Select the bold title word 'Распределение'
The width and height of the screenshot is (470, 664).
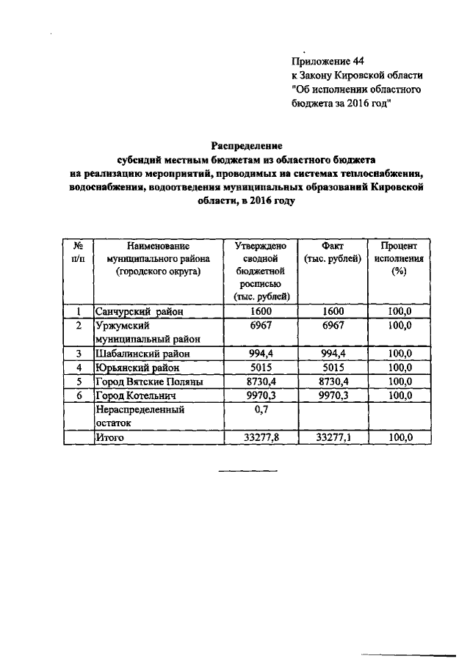(246, 147)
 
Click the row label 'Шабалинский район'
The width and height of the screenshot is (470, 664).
(139, 354)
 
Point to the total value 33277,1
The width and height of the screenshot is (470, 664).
(333, 437)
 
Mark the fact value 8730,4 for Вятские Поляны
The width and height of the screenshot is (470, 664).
(333, 382)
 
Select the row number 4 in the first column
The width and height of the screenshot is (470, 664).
(78, 368)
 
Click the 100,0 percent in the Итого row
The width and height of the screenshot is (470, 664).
(399, 437)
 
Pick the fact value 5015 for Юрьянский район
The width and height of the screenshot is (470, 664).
(333, 368)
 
